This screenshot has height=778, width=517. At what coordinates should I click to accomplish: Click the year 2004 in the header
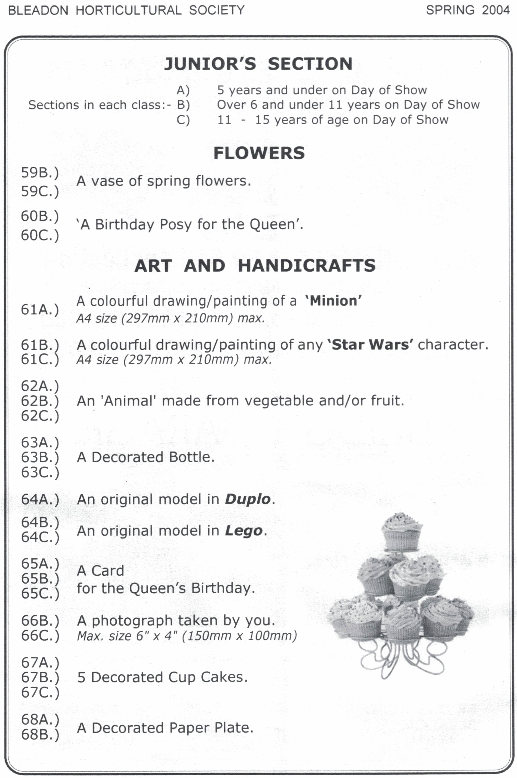click(x=495, y=10)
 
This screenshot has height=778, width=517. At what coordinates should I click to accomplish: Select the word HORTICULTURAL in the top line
click(x=128, y=10)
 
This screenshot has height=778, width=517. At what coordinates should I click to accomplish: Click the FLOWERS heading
click(x=259, y=153)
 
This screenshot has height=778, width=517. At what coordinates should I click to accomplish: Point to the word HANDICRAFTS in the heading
click(x=306, y=266)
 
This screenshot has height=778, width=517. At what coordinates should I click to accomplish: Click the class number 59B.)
click(x=40, y=173)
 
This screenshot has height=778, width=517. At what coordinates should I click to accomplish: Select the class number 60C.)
click(x=40, y=236)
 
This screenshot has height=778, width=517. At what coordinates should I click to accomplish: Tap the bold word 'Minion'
click(x=333, y=301)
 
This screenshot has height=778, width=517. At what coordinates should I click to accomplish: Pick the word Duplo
click(x=248, y=499)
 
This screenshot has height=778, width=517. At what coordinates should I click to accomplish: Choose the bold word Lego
click(x=244, y=531)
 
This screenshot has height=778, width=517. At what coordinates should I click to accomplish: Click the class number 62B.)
click(x=40, y=401)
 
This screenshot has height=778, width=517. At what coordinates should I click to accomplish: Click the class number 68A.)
click(x=40, y=719)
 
